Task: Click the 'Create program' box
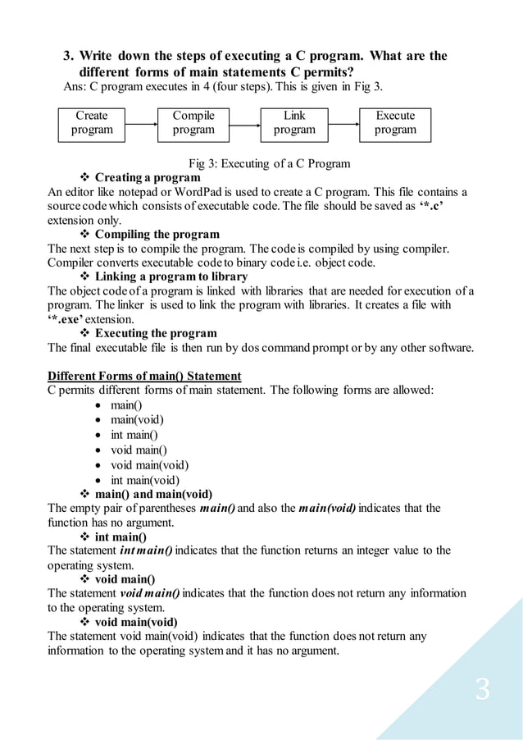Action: point(91,123)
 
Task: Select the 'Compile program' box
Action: point(193,123)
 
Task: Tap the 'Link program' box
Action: point(294,123)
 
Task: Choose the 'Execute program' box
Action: point(395,123)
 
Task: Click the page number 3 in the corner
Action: point(483,689)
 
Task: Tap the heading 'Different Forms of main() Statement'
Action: point(144,376)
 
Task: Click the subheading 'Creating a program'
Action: point(148,177)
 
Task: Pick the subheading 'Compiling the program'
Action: point(157,235)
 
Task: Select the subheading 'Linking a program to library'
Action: point(171,276)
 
